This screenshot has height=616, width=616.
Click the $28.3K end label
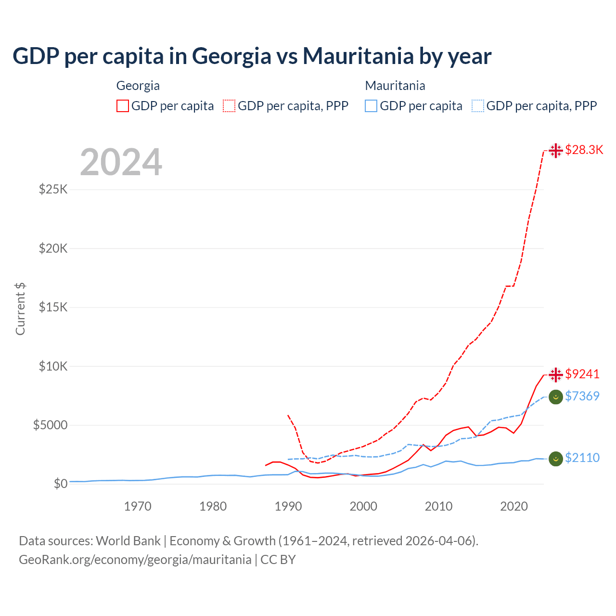pyautogui.click(x=584, y=150)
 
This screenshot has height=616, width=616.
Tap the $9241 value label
pyautogui.click(x=582, y=374)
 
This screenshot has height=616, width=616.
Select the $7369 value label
pyautogui.click(x=582, y=397)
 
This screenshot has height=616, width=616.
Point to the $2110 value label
pyautogui.click(x=582, y=458)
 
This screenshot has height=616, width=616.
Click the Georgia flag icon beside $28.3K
pyautogui.click(x=556, y=151)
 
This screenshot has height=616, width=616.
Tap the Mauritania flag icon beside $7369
pyautogui.click(x=556, y=397)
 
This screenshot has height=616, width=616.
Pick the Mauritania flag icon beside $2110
pyautogui.click(x=556, y=459)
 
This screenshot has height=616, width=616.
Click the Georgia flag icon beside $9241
pyautogui.click(x=556, y=374)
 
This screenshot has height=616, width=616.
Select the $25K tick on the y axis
pyautogui.click(x=53, y=189)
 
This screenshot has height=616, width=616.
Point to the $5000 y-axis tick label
pyautogui.click(x=50, y=425)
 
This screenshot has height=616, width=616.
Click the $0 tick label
pyautogui.click(x=60, y=484)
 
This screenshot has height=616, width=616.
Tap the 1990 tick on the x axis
pyautogui.click(x=288, y=506)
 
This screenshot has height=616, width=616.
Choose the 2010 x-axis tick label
pyautogui.click(x=438, y=506)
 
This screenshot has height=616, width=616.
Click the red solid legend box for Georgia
pyautogui.click(x=123, y=106)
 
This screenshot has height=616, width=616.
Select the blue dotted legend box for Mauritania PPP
pyautogui.click(x=478, y=106)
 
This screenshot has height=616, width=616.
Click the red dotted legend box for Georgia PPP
pyautogui.click(x=229, y=106)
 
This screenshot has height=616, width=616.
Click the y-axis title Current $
pyautogui.click(x=20, y=308)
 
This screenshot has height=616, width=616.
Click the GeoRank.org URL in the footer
pyautogui.click(x=135, y=560)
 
